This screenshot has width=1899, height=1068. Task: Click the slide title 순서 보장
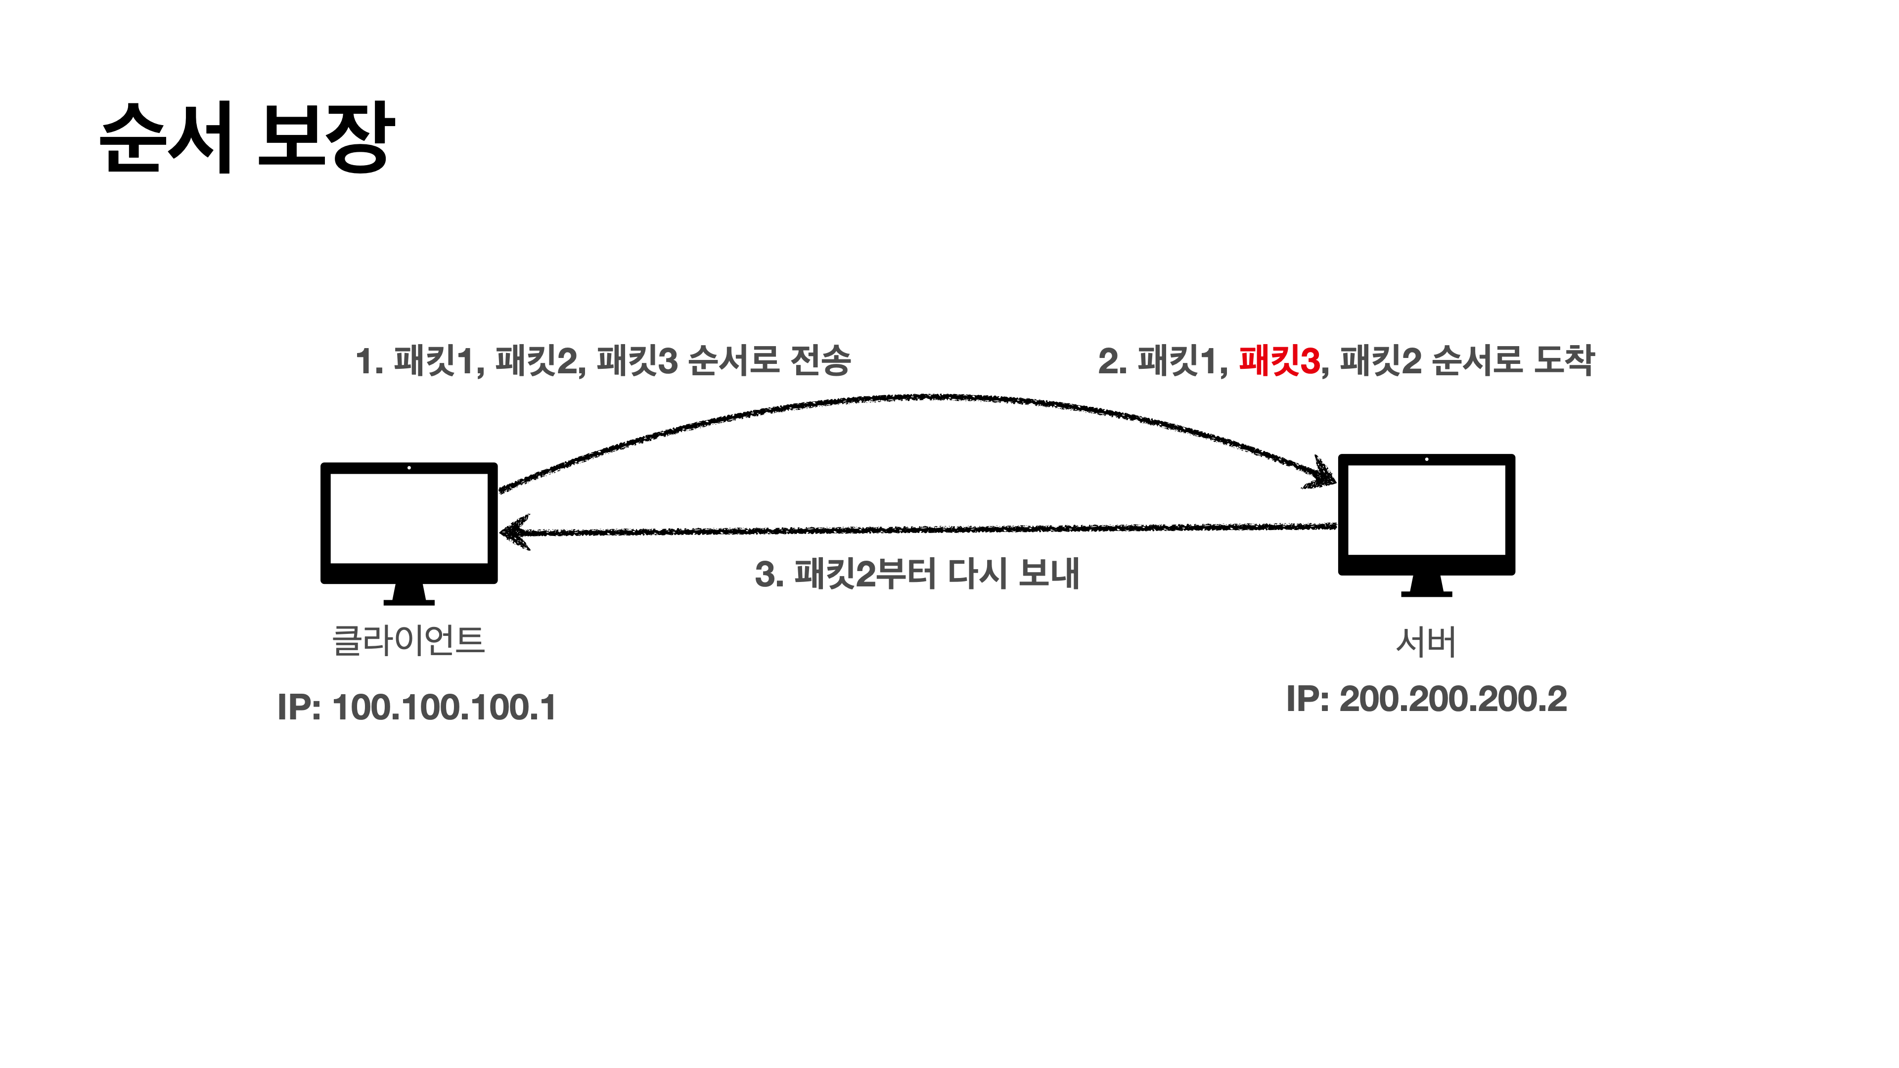tap(247, 138)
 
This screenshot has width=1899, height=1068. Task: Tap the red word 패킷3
tap(1279, 361)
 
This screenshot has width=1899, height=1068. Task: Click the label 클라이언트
tap(408, 640)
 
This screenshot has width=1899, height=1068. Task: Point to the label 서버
tap(1426, 642)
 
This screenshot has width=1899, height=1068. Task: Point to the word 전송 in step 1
tap(820, 361)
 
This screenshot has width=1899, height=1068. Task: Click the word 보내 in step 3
tap(1049, 574)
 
